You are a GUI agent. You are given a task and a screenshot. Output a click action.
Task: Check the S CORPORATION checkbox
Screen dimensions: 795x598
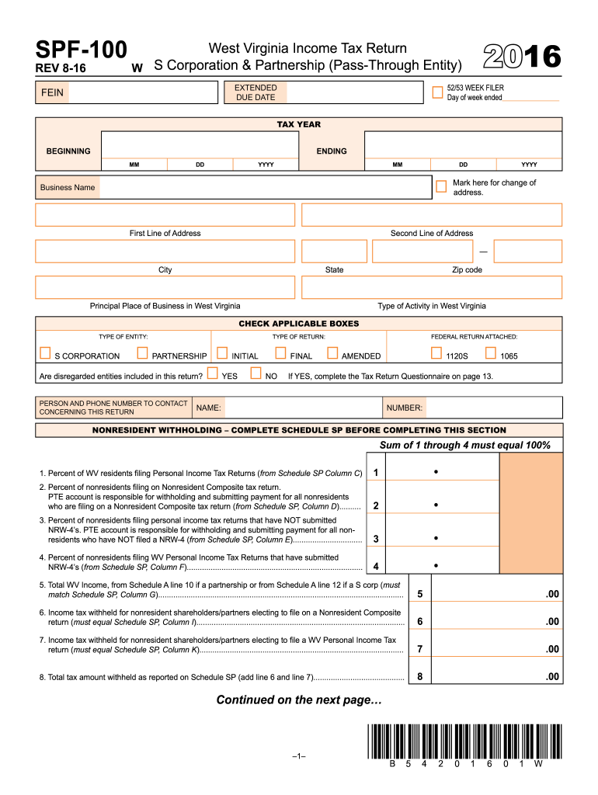coord(45,354)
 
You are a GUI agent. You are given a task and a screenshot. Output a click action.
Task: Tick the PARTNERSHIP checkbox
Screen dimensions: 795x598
coord(142,354)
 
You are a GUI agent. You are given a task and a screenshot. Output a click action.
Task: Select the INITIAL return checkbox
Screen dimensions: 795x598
coord(222,354)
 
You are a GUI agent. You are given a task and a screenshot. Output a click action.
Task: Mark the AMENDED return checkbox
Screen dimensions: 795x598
coord(333,354)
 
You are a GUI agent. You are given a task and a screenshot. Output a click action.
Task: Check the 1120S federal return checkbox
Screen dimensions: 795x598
coord(436,354)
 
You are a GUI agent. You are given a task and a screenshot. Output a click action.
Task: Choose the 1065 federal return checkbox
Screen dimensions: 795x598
coord(491,354)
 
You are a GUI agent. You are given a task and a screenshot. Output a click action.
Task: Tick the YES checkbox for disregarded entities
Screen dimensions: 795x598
coord(212,373)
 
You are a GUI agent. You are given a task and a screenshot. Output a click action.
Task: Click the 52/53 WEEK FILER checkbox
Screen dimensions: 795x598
coord(438,92)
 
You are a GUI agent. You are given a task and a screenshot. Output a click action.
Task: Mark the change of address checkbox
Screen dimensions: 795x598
coord(442,186)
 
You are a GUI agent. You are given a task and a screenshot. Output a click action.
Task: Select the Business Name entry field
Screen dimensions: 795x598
coord(264,187)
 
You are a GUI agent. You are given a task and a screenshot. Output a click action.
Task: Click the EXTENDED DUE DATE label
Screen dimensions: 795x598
coord(255,92)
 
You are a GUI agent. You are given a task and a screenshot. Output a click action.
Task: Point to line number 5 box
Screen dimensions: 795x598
coord(419,594)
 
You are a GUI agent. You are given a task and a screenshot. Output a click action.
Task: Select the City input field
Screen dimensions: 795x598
coord(165,251)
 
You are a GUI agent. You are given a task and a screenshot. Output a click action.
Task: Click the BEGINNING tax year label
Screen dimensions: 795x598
coord(68,151)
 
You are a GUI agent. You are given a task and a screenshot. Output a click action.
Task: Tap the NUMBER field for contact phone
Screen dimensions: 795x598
coord(494,408)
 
